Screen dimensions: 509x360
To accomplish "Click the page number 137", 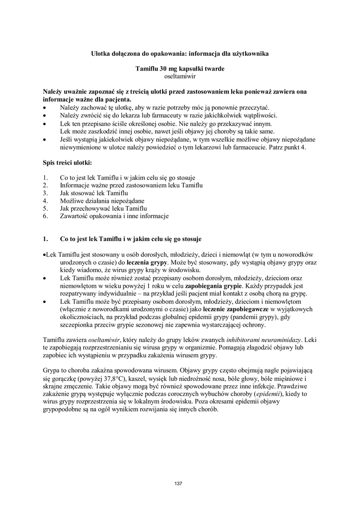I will [x=180, y=484].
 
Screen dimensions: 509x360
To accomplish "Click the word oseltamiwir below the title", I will [x=180, y=77].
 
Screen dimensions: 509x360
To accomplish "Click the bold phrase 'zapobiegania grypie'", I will [x=214, y=286].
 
